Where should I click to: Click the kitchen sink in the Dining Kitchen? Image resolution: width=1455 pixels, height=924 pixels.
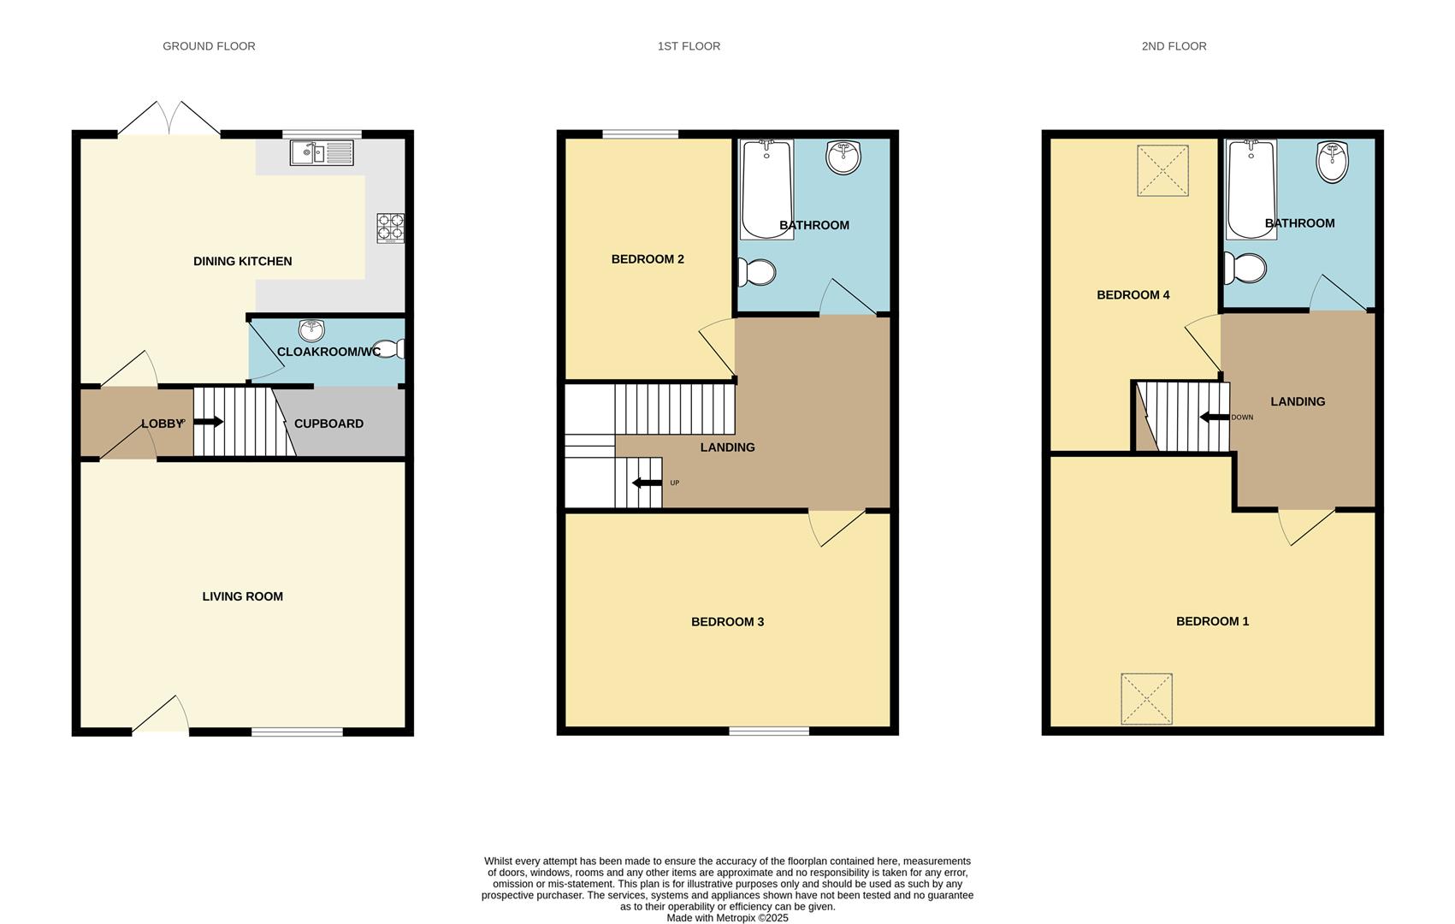coord(321,153)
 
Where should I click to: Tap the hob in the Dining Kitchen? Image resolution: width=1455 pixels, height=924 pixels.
coord(391,228)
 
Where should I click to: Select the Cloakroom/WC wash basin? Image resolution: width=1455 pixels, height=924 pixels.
coord(311,330)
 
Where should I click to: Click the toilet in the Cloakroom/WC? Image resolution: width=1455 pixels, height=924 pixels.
coord(390,349)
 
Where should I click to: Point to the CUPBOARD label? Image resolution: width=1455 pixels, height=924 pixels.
coord(328,423)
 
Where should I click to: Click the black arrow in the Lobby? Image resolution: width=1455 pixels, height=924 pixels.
coord(208,422)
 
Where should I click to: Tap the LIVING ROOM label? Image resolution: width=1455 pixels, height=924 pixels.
coord(242,596)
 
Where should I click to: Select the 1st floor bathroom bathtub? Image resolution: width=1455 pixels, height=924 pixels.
coord(766,189)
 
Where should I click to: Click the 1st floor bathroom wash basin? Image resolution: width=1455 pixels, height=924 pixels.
coord(843,157)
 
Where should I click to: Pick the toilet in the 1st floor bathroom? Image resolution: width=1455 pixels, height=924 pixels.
coord(758,272)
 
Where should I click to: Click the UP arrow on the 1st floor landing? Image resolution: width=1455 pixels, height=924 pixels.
coord(647,483)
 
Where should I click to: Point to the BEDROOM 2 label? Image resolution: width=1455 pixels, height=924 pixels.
coord(648,259)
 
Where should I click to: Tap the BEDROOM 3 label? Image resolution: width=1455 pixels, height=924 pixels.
coord(727,622)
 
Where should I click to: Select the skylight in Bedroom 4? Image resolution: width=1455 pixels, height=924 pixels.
coord(1162,171)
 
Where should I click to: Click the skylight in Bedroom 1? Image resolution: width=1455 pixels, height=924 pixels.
coord(1146,699)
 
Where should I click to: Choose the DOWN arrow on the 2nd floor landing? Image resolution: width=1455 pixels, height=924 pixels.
coord(1215,418)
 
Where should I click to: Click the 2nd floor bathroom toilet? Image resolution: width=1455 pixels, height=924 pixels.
coord(1245,268)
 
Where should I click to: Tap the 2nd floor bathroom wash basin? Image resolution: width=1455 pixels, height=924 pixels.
coord(1332,163)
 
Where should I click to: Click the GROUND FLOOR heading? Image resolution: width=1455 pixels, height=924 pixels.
coord(209,46)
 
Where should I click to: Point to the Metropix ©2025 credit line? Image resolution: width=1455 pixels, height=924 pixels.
coord(727,918)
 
